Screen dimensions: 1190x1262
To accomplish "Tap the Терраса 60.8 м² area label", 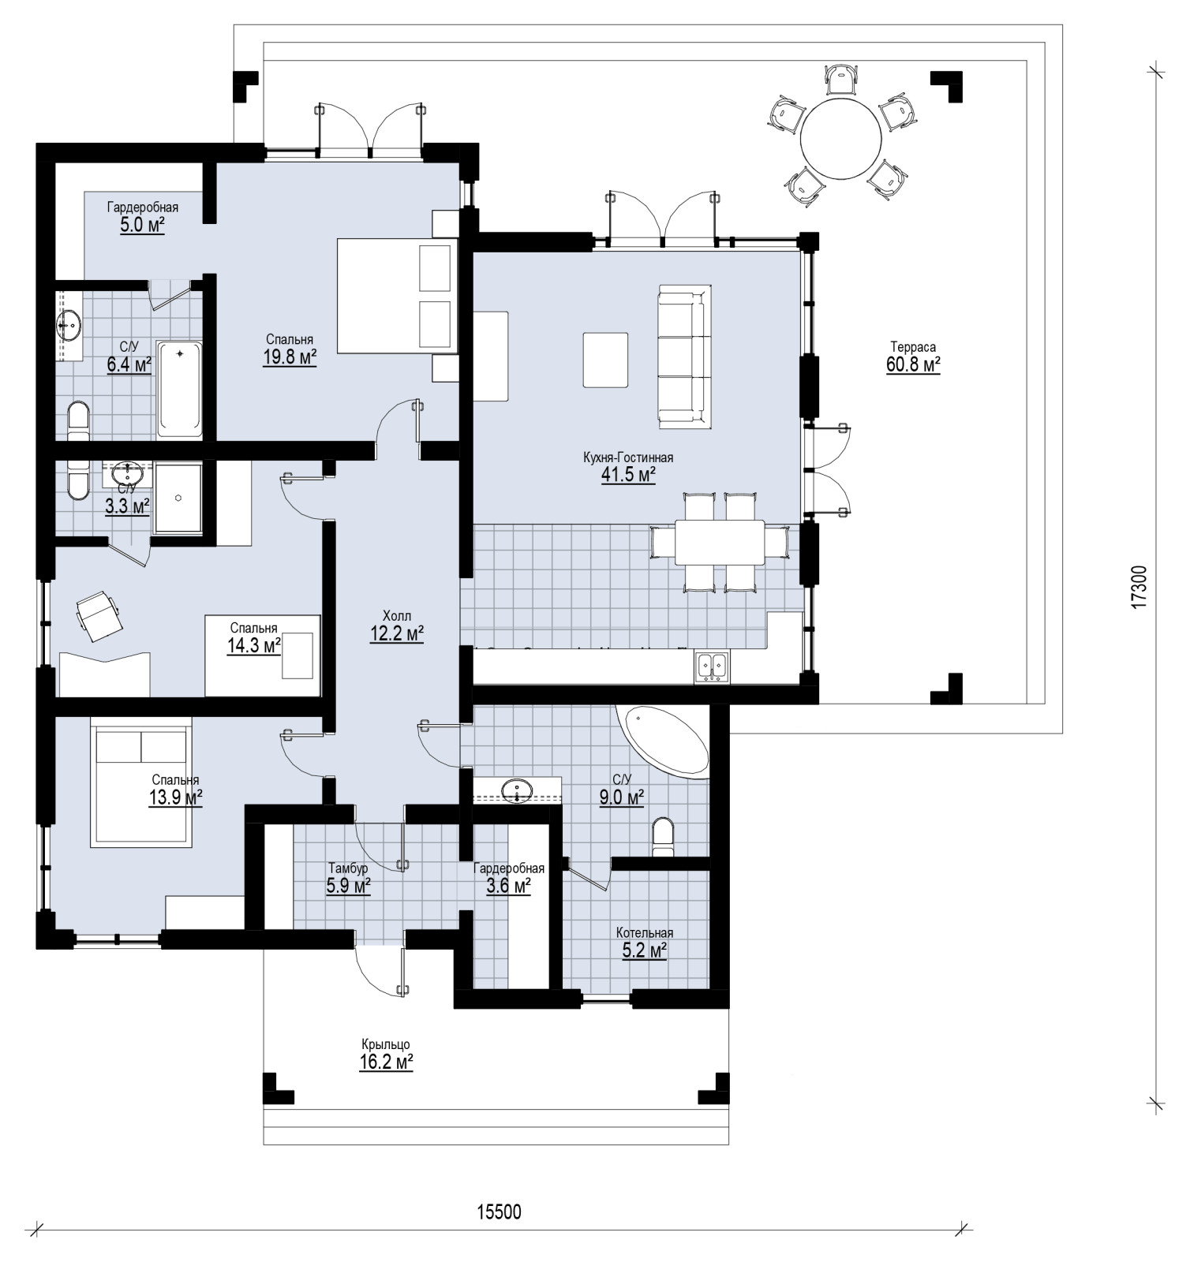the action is click(x=913, y=357).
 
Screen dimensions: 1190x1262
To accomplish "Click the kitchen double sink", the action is click(x=713, y=666).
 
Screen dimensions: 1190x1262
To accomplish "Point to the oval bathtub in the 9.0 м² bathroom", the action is click(x=667, y=742).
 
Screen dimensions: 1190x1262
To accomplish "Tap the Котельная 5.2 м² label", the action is click(x=645, y=943).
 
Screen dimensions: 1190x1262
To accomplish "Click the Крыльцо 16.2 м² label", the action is click(x=387, y=1055).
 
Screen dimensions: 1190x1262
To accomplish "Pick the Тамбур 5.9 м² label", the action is click(x=348, y=878).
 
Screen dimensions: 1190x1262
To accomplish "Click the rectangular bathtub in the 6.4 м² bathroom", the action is click(x=180, y=389).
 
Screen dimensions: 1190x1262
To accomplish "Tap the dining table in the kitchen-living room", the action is click(x=719, y=542).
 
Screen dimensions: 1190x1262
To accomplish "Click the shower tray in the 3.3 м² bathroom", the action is click(x=178, y=498).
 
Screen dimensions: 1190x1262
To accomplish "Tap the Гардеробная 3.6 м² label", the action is click(x=509, y=878).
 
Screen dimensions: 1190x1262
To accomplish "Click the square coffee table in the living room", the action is click(x=606, y=360).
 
